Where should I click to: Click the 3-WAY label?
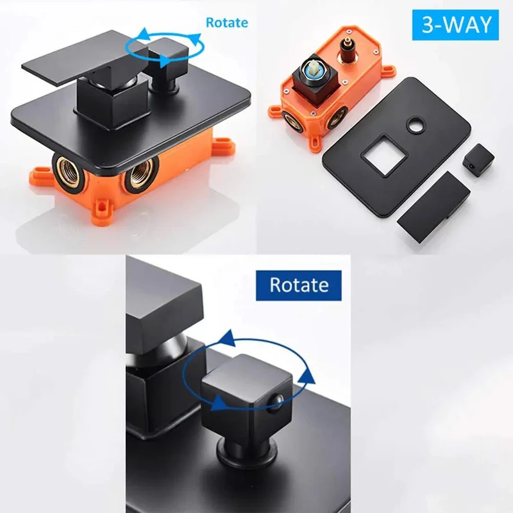[455, 25]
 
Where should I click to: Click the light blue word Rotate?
[227, 22]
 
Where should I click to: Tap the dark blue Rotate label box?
[298, 285]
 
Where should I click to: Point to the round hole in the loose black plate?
[416, 124]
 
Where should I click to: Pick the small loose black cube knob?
[478, 158]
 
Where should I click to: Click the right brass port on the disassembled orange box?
[337, 115]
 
